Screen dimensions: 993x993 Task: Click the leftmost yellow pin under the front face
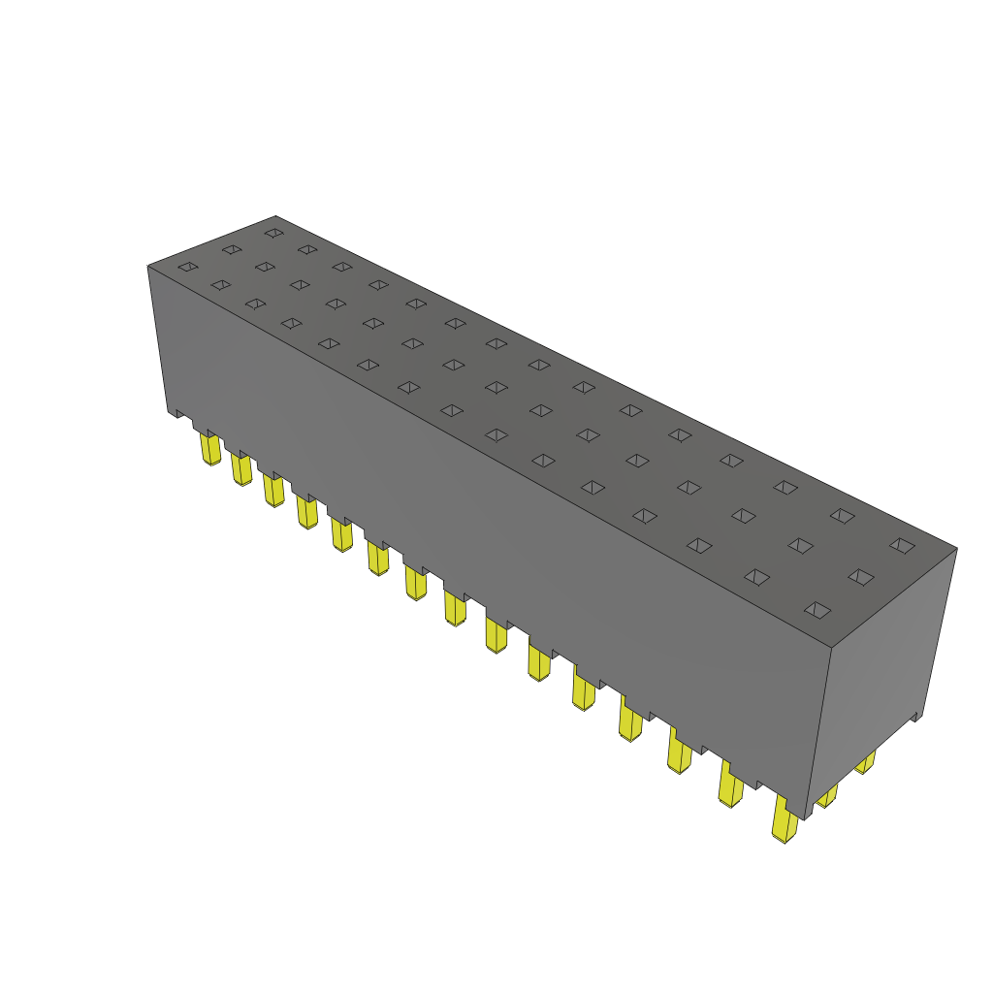[x=209, y=449]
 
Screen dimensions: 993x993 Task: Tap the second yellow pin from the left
[x=240, y=469]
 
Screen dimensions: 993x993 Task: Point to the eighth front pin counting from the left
[x=454, y=609]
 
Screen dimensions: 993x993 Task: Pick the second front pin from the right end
[x=730, y=785]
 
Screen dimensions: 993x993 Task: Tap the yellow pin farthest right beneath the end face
[x=865, y=762]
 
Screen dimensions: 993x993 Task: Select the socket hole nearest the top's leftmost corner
[x=188, y=266]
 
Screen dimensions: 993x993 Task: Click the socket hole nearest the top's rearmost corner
[x=273, y=233]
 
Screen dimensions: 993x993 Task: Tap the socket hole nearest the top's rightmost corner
[x=902, y=545]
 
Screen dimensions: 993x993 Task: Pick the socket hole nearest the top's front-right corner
[x=817, y=609]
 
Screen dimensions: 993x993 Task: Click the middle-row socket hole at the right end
[x=860, y=577]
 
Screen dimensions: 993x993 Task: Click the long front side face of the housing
[x=485, y=504]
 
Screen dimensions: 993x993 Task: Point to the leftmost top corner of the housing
[x=147, y=266]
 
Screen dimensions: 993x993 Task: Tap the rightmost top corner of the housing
[x=957, y=548]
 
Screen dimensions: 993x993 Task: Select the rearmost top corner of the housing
[x=275, y=216]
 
